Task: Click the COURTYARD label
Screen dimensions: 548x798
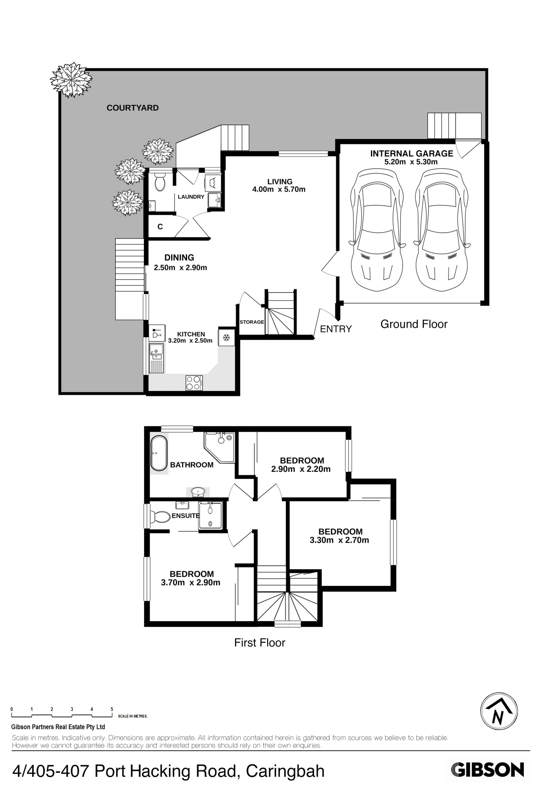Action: pos(132,108)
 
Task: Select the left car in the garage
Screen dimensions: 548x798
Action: pos(377,230)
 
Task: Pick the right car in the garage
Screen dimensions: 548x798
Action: pos(442,230)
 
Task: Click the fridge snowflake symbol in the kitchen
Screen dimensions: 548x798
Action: pos(226,338)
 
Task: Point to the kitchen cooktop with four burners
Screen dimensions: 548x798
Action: pos(194,383)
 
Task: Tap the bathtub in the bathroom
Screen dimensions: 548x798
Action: pos(159,453)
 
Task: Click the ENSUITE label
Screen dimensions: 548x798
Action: pos(186,516)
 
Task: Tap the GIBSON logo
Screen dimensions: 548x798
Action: pos(487,770)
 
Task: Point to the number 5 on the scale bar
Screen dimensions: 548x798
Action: pos(112,709)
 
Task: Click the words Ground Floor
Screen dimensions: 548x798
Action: pos(414,324)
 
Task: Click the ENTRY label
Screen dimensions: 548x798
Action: pos(336,329)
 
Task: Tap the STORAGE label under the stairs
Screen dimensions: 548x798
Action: pos(252,322)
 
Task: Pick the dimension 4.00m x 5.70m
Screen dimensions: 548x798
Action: pos(279,189)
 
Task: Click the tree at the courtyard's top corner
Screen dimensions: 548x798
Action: pos(71,80)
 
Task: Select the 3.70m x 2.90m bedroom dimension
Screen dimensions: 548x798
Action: pos(190,582)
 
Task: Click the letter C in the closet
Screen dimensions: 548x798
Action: pos(160,227)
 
